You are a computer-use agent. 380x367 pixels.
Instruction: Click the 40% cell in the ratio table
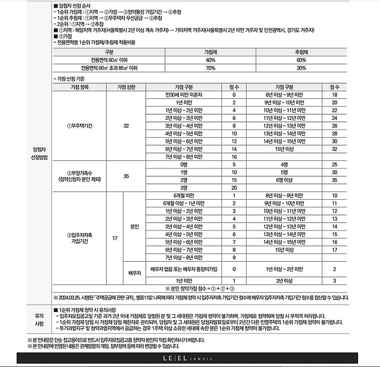(x=210, y=60)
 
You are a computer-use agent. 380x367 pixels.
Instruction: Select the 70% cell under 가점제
(x=210, y=68)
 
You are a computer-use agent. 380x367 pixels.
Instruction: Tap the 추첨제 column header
(x=301, y=52)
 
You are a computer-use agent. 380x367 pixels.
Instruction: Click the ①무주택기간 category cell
(x=79, y=124)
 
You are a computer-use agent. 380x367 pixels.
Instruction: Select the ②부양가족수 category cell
(x=79, y=175)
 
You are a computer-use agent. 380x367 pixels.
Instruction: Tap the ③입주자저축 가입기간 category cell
(x=79, y=237)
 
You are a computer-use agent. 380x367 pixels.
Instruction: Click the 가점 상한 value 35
(x=126, y=175)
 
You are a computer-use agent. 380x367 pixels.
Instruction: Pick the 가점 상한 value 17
(x=114, y=237)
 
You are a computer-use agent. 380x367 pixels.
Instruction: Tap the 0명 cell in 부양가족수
(x=184, y=164)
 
